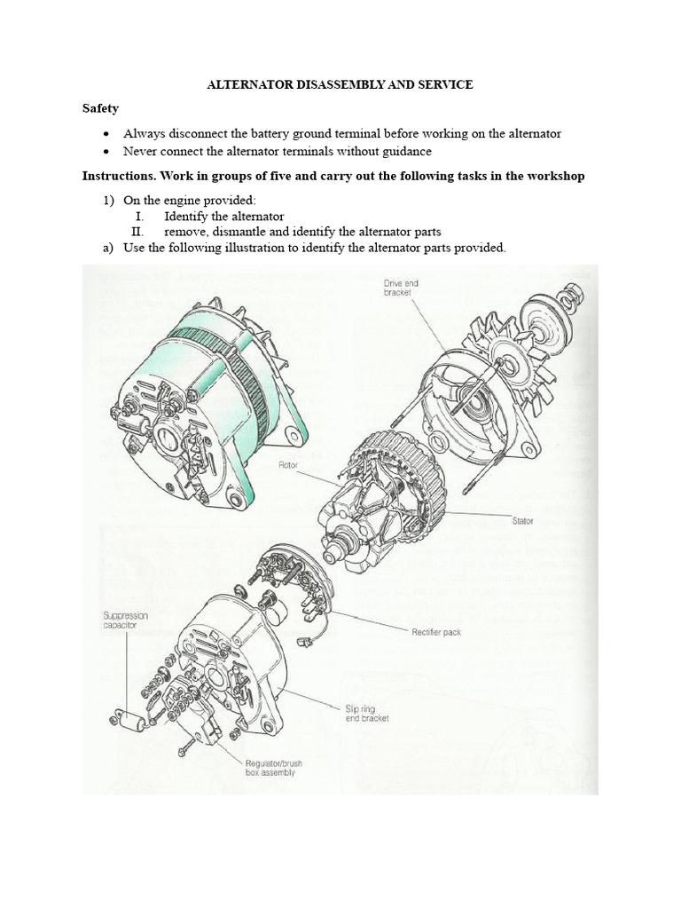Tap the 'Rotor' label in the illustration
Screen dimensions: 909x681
291,463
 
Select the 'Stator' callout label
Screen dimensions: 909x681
522,521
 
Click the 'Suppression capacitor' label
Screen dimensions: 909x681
123,620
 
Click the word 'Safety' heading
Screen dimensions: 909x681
100,108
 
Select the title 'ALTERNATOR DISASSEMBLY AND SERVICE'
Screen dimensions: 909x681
340,84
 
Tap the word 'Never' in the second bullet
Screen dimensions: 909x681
141,152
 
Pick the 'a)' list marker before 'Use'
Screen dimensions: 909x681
107,247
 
